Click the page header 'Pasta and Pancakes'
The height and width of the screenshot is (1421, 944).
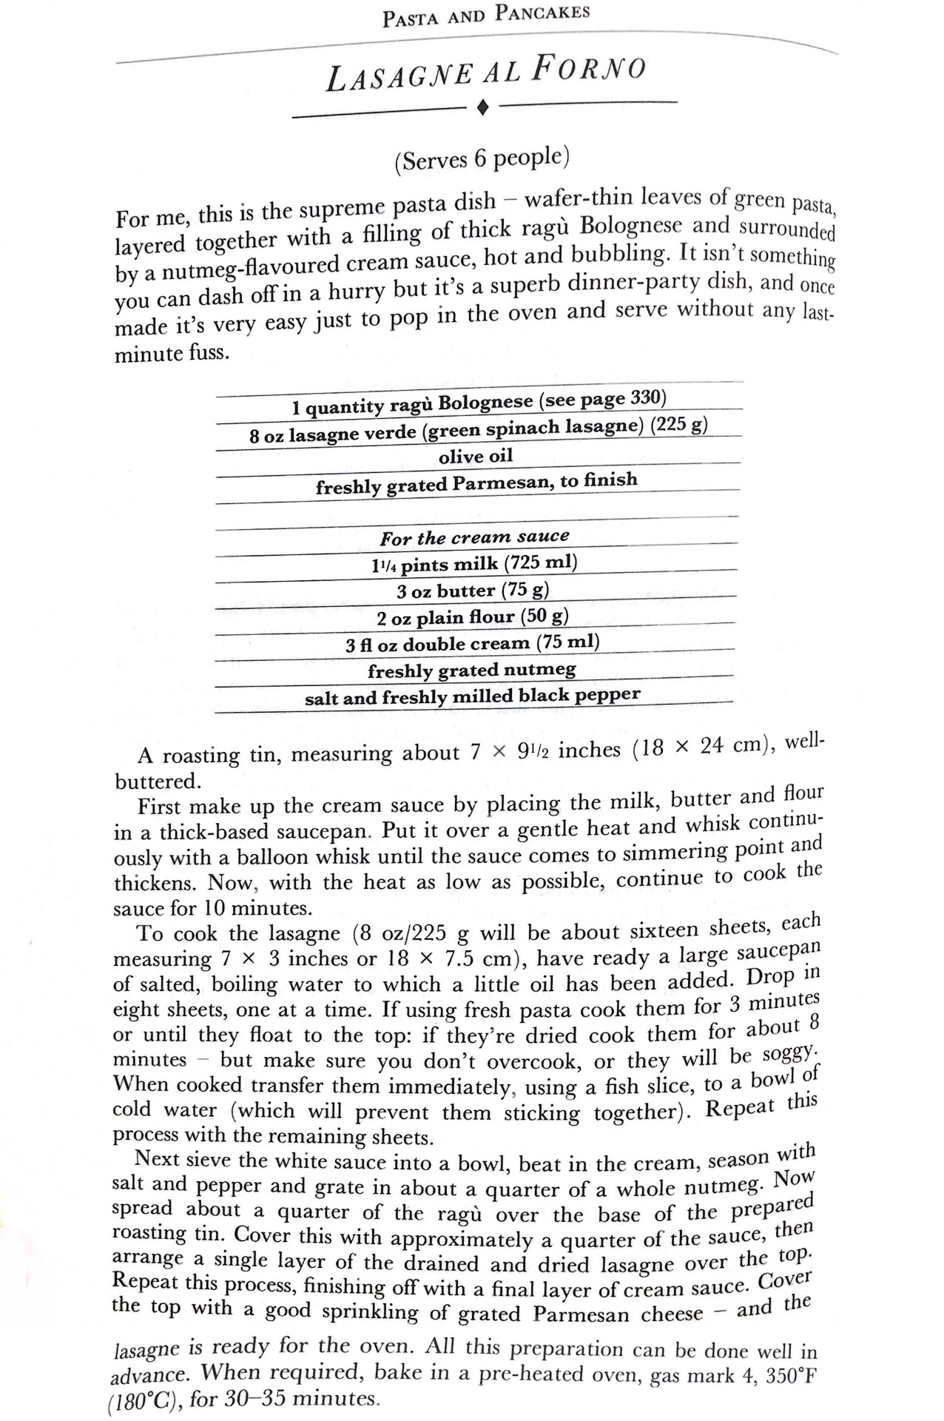pos(486,16)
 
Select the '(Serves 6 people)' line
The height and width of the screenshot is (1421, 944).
pos(482,159)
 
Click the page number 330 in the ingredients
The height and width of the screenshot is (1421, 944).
pos(647,399)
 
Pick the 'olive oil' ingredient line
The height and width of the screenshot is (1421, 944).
pos(476,456)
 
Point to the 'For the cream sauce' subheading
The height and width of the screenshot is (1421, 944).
pos(475,537)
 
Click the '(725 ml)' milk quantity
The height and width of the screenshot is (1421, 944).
pos(541,562)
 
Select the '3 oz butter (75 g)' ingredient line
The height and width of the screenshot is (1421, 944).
pos(473,591)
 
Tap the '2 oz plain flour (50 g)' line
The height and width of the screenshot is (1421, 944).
pos(473,617)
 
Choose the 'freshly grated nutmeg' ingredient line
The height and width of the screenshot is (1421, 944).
pos(472,671)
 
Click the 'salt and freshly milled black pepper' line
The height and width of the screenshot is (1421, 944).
pos(473,696)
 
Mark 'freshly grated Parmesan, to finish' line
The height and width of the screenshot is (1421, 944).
pos(476,484)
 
